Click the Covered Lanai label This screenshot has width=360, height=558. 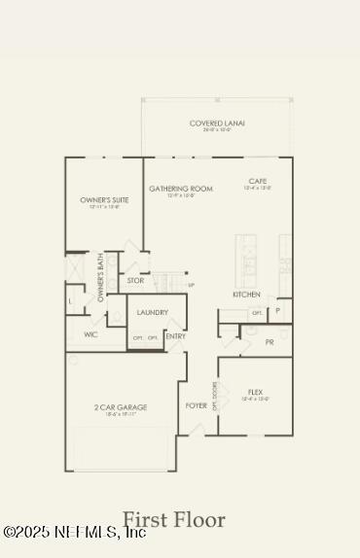tap(217, 123)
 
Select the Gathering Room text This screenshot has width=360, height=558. tap(180, 189)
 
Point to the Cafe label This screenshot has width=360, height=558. tap(258, 181)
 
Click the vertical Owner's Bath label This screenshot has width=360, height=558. tap(101, 278)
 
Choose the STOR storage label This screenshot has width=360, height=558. tap(136, 280)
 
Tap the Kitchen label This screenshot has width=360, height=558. tap(245, 294)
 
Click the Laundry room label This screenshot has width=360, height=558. tap(153, 312)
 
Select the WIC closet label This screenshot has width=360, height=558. tap(90, 334)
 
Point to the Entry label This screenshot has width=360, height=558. tap(176, 336)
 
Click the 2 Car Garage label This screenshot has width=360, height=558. tap(121, 407)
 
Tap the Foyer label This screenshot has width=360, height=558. tap(196, 404)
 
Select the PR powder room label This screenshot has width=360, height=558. tap(270, 342)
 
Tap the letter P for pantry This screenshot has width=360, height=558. tap(277, 311)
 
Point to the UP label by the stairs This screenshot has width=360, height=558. tap(191, 285)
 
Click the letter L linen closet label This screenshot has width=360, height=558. tap(70, 302)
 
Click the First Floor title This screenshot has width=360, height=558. tap(173, 520)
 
